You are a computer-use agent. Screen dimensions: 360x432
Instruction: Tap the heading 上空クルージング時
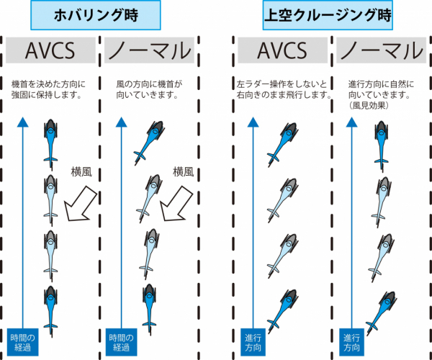[x=324, y=14]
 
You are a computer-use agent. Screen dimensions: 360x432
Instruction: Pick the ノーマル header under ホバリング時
[x=148, y=51]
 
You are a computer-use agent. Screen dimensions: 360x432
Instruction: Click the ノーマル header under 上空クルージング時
[x=380, y=51]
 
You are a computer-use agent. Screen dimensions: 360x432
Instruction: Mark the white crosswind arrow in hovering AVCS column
[x=81, y=202]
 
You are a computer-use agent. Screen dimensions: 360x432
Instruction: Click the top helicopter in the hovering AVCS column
[x=50, y=138]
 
